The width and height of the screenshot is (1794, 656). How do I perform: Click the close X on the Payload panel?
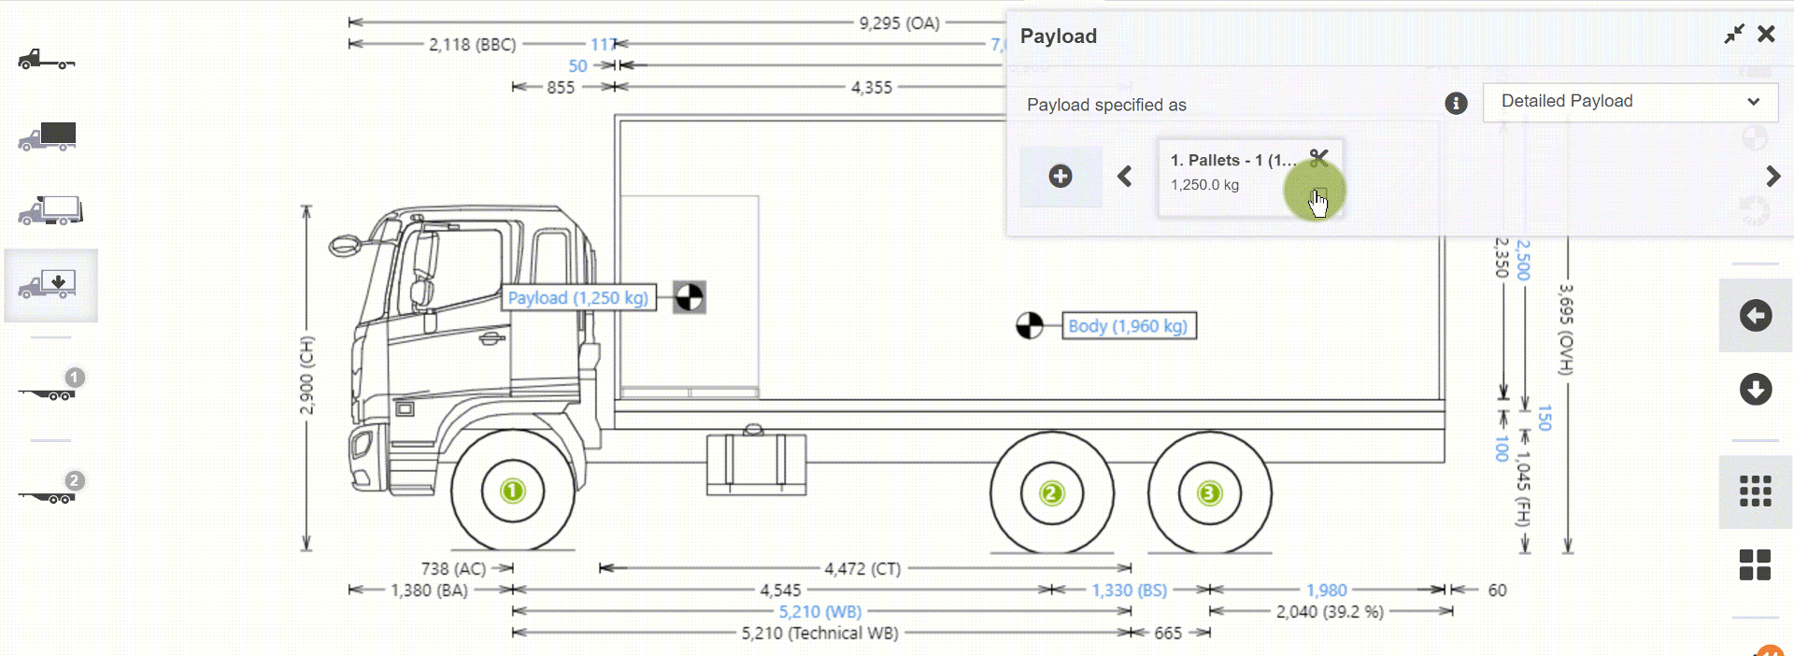pos(1765,35)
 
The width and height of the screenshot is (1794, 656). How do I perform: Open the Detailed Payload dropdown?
pos(1630,102)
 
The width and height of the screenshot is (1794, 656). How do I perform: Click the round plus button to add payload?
pos(1061,176)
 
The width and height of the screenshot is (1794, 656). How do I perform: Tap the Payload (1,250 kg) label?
pos(577,298)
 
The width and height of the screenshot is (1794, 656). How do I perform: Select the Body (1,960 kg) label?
pos(1128,326)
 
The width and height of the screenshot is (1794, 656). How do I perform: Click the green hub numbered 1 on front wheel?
pos(512,491)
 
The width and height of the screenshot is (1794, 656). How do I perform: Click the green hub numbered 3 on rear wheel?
pos(1209,492)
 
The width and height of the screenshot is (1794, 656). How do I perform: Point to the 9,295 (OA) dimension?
pos(899,22)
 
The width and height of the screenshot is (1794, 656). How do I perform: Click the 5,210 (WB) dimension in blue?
pos(819,612)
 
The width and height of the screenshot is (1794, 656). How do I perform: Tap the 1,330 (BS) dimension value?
pos(1129,591)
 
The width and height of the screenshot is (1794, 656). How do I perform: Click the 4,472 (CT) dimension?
pos(861,568)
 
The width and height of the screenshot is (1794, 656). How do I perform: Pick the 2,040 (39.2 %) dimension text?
pos(1330,612)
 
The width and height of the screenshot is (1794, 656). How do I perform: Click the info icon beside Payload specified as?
pos(1456,104)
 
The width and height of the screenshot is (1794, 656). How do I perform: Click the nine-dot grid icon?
pos(1755,491)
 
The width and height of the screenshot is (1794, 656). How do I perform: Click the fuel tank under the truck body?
pos(756,463)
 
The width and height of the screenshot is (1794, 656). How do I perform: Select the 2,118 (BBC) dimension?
pos(472,44)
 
